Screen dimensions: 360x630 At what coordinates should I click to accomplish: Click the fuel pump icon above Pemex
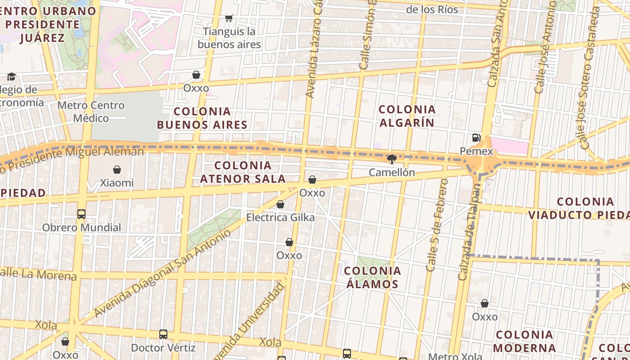pyautogui.click(x=476, y=137)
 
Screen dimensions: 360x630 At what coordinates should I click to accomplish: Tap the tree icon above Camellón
pyautogui.click(x=392, y=159)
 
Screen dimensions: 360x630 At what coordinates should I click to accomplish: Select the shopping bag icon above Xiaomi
pyautogui.click(x=117, y=170)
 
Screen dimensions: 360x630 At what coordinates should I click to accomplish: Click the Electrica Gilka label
pyautogui.click(x=280, y=218)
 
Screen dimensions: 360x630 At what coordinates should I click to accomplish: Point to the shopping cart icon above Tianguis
pyautogui.click(x=229, y=18)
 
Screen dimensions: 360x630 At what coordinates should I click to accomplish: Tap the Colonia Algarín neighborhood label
pyautogui.click(x=407, y=116)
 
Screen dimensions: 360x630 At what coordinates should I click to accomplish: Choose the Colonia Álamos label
pyautogui.click(x=373, y=277)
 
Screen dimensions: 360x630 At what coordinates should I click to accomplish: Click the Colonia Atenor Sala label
pyautogui.click(x=243, y=172)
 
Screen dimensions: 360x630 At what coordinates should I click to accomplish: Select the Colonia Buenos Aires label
pyautogui.click(x=202, y=118)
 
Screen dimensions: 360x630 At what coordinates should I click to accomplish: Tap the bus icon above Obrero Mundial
pyautogui.click(x=81, y=214)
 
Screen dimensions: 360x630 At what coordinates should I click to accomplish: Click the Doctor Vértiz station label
pyautogui.click(x=163, y=348)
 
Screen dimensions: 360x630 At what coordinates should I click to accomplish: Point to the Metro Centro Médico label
pyautogui.click(x=91, y=112)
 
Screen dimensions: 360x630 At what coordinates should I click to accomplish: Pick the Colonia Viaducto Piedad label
pyautogui.click(x=579, y=208)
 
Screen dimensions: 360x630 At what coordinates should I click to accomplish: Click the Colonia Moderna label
pyautogui.click(x=524, y=341)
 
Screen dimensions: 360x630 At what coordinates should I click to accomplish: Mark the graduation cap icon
pyautogui.click(x=11, y=77)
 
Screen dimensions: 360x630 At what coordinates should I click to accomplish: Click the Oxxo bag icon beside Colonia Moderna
pyautogui.click(x=485, y=304)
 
